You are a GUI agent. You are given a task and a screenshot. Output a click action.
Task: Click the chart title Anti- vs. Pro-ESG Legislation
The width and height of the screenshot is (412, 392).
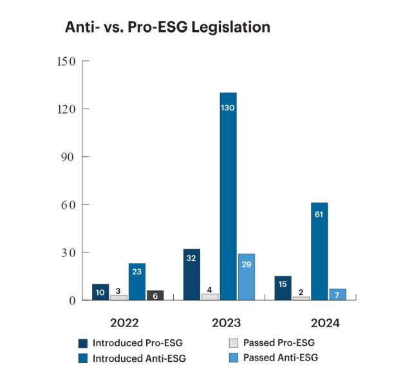167,28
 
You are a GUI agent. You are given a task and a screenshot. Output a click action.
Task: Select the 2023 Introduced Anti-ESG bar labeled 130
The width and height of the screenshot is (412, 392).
228,196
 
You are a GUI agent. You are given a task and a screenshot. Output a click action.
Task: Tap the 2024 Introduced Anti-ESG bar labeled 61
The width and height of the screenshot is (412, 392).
319,251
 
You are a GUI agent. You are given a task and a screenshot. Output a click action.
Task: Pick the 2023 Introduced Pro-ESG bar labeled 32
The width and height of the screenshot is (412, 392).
191,274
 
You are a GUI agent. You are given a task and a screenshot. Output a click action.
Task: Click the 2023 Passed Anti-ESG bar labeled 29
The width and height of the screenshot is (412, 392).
246,277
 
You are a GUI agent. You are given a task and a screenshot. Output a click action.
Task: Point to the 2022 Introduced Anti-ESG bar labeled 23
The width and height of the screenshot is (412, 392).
136,281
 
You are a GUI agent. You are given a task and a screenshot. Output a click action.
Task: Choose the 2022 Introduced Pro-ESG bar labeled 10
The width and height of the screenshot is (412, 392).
100,292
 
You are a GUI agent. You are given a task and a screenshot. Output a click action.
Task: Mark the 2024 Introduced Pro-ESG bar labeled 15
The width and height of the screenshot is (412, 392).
283,288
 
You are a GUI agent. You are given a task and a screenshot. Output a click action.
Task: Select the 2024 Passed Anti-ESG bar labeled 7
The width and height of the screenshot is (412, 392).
337,294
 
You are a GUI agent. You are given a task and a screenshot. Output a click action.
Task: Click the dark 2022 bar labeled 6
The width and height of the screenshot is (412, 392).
154,295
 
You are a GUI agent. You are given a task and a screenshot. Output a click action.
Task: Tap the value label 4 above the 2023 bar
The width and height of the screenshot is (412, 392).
210,289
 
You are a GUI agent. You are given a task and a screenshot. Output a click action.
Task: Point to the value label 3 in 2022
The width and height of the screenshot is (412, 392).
118,290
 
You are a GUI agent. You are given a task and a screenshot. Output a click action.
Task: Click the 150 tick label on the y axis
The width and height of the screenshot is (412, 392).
66,62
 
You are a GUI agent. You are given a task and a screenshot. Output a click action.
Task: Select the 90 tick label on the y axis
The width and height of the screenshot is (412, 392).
69,157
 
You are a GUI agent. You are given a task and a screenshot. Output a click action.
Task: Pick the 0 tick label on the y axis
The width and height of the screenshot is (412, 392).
72,300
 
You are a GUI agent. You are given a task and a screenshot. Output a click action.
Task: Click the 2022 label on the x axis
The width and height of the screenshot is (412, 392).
124,322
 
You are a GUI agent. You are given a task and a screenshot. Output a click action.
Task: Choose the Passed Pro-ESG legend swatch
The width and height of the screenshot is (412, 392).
234,343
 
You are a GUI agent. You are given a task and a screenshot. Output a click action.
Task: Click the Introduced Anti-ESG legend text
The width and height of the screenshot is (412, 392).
139,359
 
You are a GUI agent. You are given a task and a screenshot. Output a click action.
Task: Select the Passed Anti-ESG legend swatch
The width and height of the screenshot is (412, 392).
234,357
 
